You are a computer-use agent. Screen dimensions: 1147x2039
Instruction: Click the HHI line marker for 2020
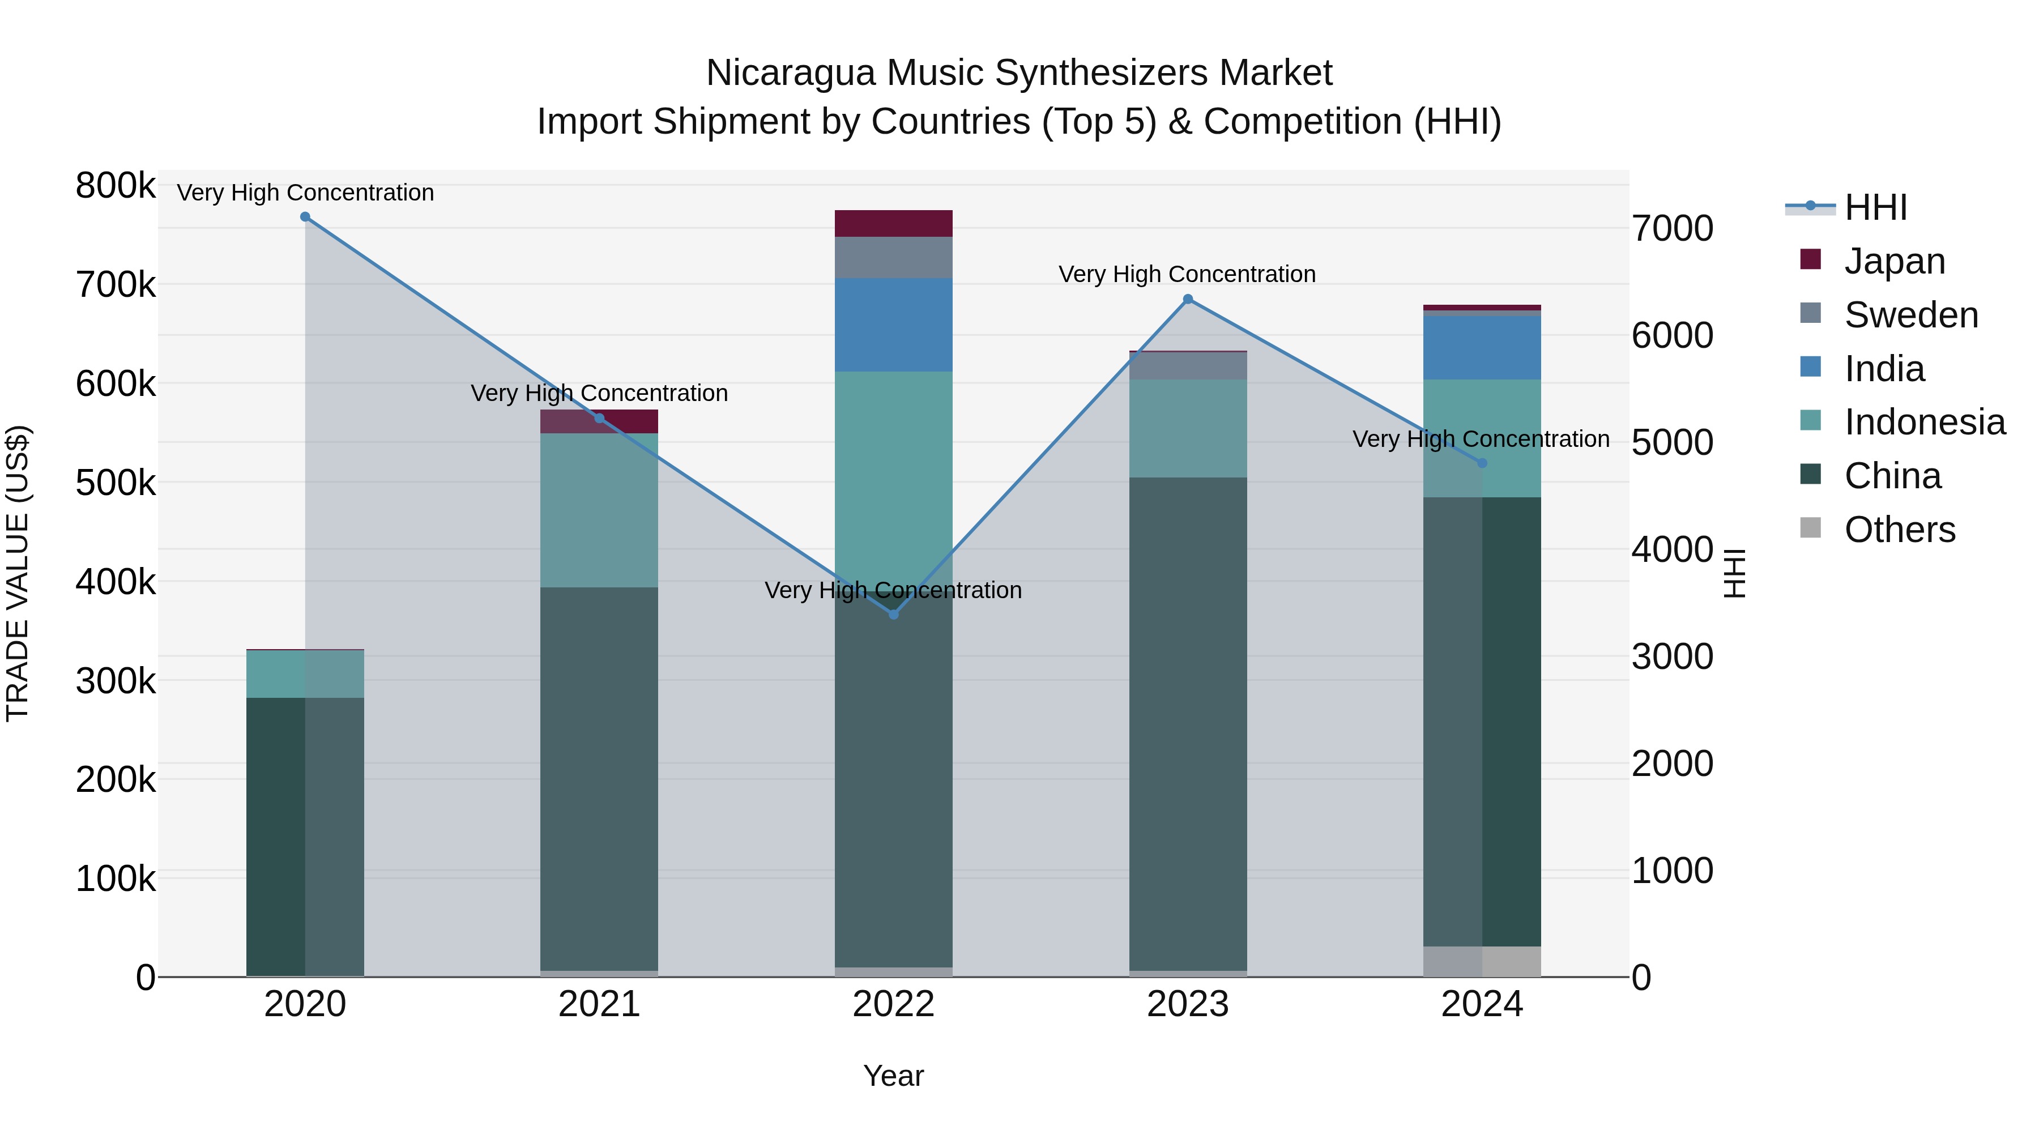pyautogui.click(x=305, y=217)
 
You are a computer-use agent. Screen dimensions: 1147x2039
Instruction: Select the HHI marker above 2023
pyautogui.click(x=1187, y=299)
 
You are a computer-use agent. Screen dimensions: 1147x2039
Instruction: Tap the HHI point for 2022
pyautogui.click(x=894, y=614)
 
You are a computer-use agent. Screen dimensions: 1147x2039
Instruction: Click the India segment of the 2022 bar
pyautogui.click(x=894, y=325)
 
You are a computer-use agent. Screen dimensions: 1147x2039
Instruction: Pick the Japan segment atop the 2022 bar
pyautogui.click(x=894, y=223)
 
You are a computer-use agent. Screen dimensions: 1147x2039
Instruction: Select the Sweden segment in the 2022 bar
pyautogui.click(x=894, y=257)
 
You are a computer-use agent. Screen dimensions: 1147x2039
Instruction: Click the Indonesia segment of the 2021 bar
pyautogui.click(x=599, y=510)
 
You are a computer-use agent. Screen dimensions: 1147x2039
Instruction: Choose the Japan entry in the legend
pyautogui.click(x=1893, y=261)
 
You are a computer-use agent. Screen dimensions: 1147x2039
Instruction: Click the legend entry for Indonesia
pyautogui.click(x=1923, y=422)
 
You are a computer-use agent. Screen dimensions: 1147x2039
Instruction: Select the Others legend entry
pyautogui.click(x=1899, y=530)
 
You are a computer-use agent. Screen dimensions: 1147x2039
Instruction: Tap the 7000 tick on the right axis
pyautogui.click(x=1673, y=229)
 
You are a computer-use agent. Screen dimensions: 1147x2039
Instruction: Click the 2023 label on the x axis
pyautogui.click(x=1187, y=1004)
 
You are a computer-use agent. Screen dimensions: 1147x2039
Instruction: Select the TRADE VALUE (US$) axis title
pyautogui.click(x=18, y=573)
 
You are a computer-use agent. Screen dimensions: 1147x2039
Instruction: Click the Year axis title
pyautogui.click(x=894, y=1076)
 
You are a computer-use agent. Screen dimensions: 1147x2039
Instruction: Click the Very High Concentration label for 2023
pyautogui.click(x=1187, y=274)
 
